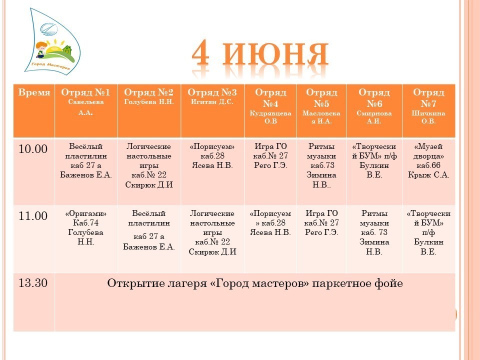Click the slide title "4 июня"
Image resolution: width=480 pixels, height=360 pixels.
260,54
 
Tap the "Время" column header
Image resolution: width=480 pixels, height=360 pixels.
34,92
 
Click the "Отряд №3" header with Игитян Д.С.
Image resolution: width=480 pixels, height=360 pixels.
212,96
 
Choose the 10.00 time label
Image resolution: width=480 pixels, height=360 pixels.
33,149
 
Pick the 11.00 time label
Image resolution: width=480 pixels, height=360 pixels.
33,216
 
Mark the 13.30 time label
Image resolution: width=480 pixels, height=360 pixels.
33,283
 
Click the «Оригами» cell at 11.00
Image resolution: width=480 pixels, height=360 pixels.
85,227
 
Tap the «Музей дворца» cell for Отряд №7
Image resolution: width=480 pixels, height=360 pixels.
428,160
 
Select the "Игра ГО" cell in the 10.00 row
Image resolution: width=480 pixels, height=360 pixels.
270,156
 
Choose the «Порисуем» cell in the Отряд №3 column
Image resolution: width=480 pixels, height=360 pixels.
212,156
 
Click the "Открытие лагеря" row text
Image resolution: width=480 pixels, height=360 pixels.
254,283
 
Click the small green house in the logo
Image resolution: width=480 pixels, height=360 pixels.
67,50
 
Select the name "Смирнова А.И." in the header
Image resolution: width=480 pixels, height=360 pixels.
374,117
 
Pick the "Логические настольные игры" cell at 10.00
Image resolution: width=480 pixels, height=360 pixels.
149,165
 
